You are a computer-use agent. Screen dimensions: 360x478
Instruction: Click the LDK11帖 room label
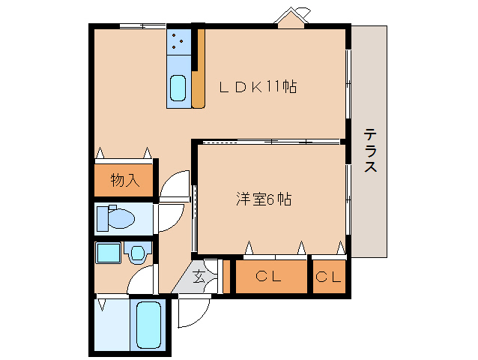tap(258, 87)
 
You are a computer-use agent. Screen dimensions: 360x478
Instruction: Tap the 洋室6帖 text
tap(263, 199)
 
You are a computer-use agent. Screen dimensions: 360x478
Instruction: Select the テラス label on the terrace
tap(370, 151)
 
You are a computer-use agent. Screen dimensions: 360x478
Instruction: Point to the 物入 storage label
tap(124, 179)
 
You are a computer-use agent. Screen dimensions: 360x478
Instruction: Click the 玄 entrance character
tap(199, 276)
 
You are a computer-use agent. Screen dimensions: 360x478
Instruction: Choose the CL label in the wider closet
tap(271, 277)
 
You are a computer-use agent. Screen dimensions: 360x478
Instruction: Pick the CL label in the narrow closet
tap(328, 277)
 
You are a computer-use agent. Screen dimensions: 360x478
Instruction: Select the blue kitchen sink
tap(178, 88)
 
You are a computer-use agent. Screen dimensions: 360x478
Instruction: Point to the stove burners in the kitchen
tap(179, 42)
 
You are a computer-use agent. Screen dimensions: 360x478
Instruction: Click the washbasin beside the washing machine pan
tap(138, 253)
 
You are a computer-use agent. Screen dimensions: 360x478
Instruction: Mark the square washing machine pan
tap(109, 252)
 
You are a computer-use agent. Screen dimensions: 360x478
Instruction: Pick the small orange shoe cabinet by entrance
tap(226, 276)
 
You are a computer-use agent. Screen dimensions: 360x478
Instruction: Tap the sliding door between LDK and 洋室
tap(270, 141)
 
